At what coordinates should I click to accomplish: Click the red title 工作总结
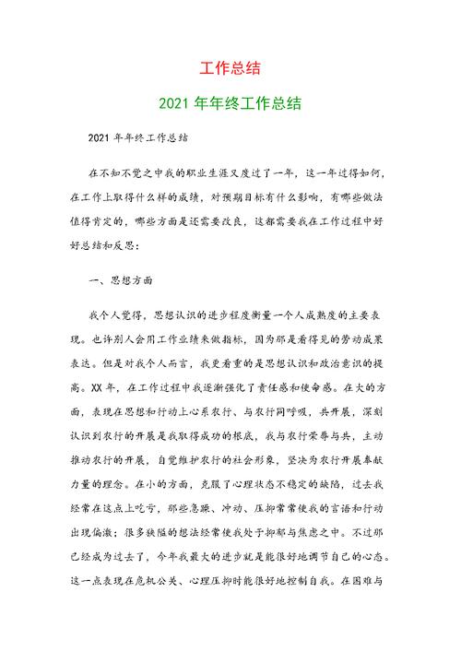coord(230,68)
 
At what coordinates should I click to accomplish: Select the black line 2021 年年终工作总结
coord(139,139)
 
